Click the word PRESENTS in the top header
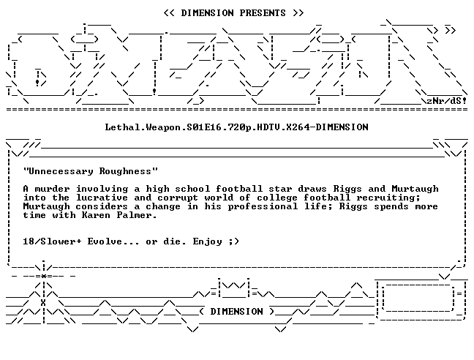pos(263,13)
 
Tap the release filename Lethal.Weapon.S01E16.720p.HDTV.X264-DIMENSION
pos(237,127)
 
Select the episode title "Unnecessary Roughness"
pos(91,171)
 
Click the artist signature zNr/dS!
pos(446,101)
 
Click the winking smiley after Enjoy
pos(233,241)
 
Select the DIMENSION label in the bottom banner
pos(236,311)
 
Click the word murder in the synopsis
pos(52,189)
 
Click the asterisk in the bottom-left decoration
pos(44,277)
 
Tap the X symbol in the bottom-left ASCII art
pos(43,303)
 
